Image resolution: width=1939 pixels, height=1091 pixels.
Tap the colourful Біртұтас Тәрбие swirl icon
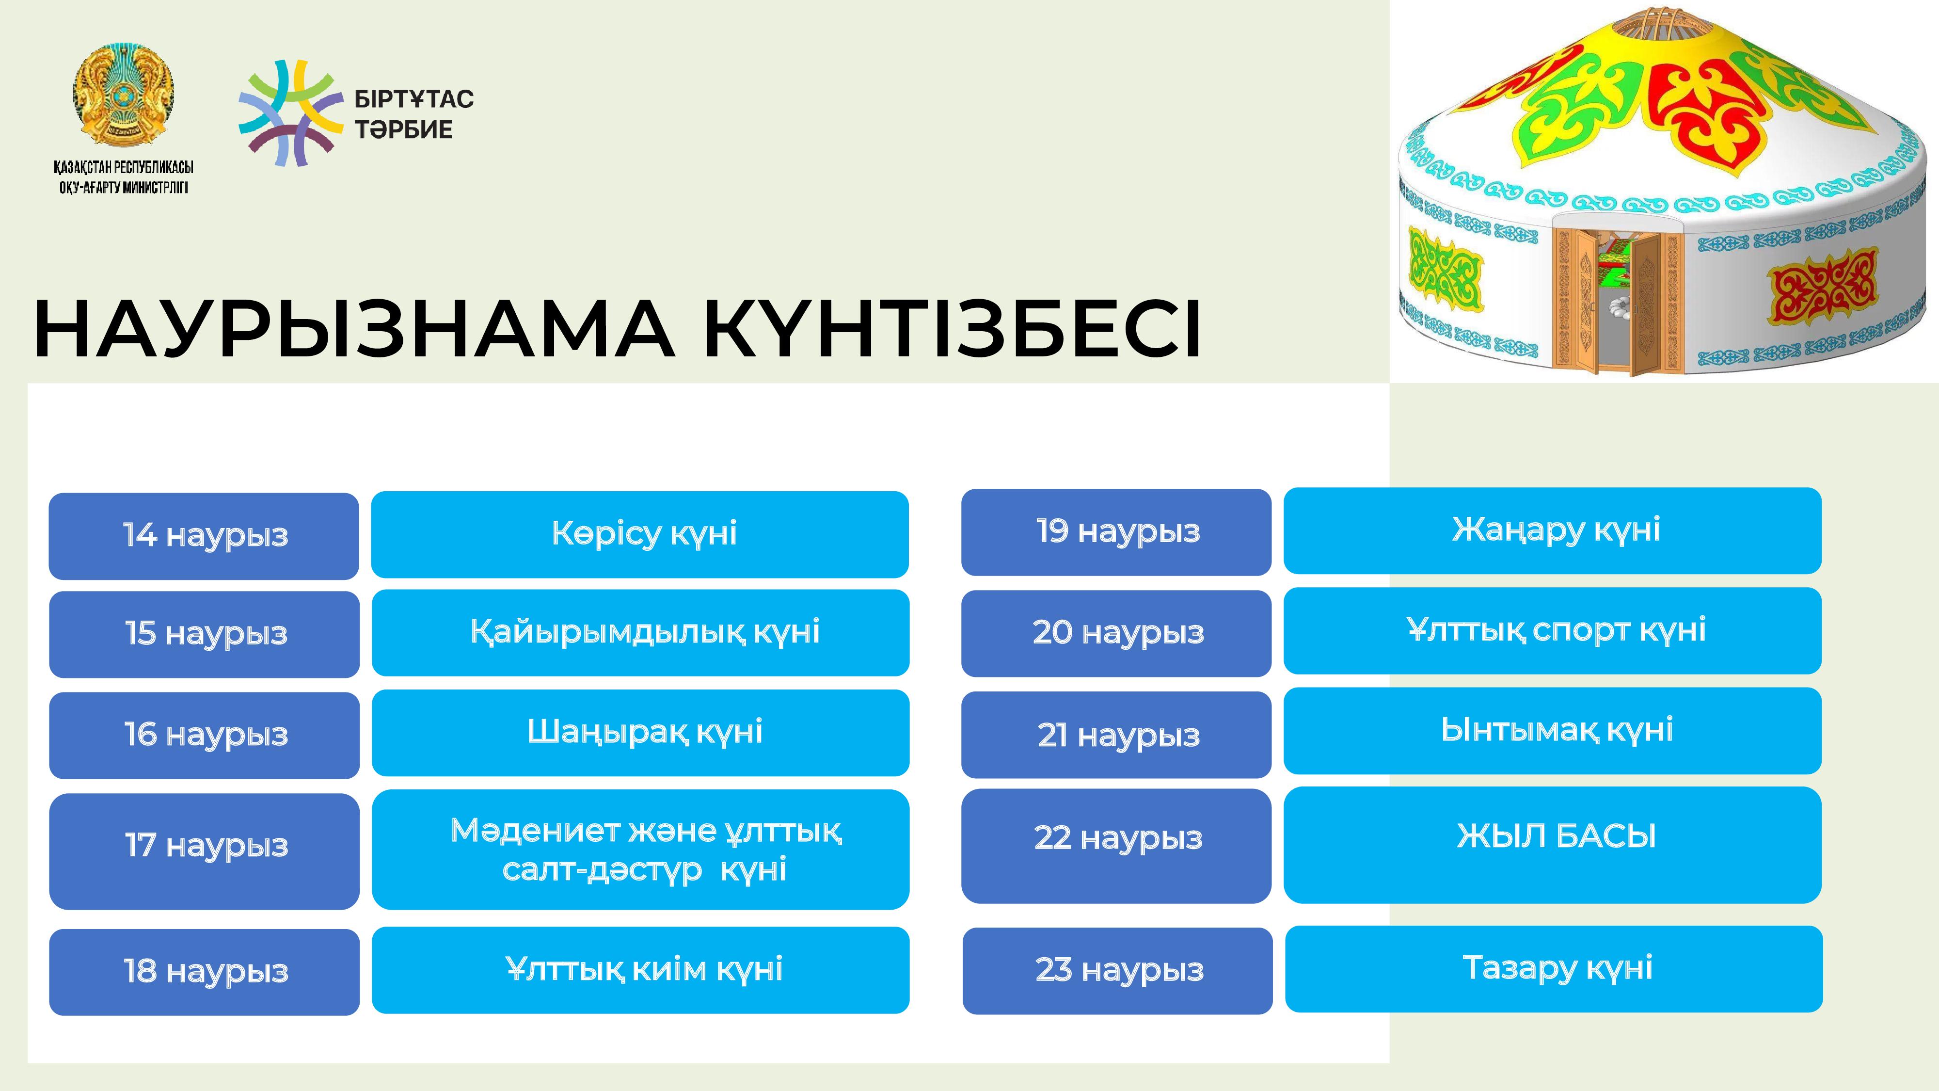290,113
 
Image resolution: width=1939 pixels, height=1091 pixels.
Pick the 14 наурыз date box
204,536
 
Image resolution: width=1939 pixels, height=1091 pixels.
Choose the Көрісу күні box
640,534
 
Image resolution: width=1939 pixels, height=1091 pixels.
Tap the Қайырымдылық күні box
640,632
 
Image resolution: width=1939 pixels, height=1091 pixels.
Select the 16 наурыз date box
204,735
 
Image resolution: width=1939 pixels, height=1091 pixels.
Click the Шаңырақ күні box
640,733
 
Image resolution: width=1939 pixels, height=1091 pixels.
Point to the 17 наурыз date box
204,851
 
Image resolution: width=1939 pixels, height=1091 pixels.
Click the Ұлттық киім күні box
640,970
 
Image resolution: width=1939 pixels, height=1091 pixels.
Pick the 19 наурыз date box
1116,532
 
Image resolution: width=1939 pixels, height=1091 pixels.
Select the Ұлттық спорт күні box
1553,631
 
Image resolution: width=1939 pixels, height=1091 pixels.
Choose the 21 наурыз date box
1116,735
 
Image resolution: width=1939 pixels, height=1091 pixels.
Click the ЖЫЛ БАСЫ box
1553,845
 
